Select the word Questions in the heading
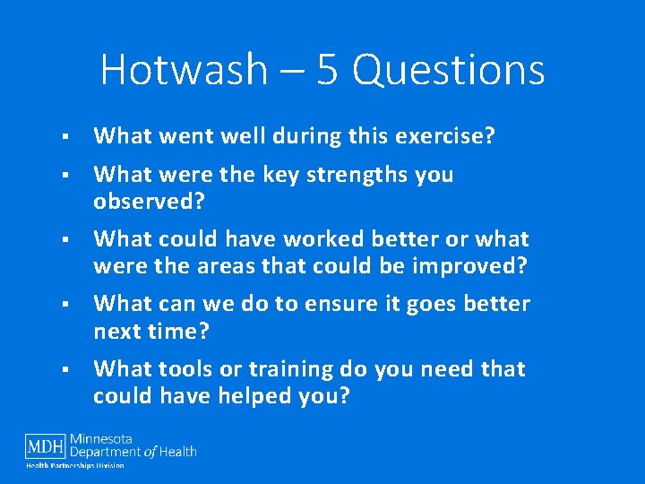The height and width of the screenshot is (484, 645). point(449,70)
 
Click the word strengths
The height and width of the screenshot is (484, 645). point(357,175)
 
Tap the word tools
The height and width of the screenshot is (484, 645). point(184,369)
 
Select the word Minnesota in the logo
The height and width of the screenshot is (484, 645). point(126,439)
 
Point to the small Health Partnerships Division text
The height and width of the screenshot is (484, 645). point(74,465)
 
